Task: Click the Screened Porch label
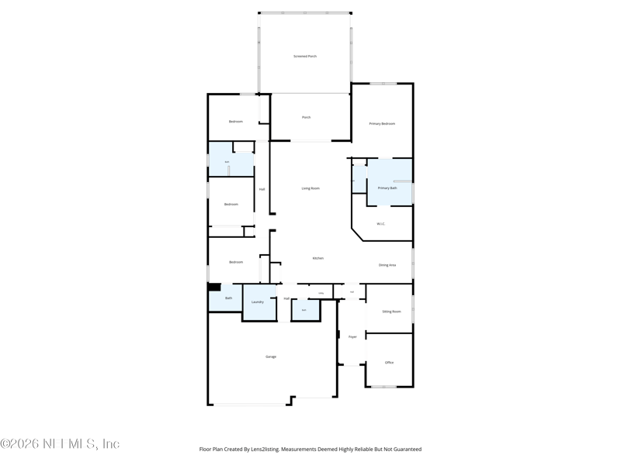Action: point(305,57)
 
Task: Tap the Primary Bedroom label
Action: point(382,124)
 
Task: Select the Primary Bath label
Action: point(387,188)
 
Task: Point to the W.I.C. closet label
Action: point(381,224)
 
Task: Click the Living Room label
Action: point(310,188)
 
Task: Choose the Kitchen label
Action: point(318,258)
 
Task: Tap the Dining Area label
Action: point(387,265)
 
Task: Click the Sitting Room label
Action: point(392,312)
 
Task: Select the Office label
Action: point(389,362)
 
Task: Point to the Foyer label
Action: point(352,336)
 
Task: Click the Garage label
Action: point(271,356)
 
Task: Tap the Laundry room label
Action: point(258,301)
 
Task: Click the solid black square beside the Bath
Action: point(214,287)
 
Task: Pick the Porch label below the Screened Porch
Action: point(306,117)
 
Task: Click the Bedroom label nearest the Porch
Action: point(235,122)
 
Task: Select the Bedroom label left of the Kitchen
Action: point(235,262)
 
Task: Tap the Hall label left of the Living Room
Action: point(262,189)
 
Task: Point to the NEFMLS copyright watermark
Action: point(60,444)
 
